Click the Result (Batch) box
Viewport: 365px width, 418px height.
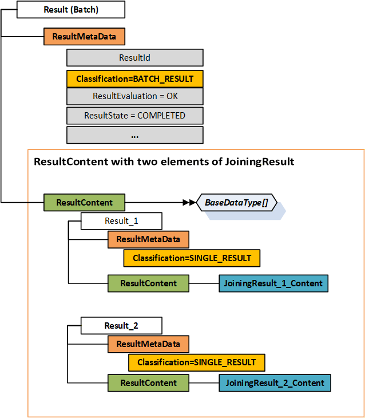tap(71, 10)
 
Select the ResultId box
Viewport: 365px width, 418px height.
tap(135, 58)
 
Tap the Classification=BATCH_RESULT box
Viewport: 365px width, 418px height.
tap(135, 79)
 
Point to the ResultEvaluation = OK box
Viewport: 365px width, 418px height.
tap(135, 96)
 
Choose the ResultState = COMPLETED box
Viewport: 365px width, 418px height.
tap(135, 116)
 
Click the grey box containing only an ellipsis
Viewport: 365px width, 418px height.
tap(135, 135)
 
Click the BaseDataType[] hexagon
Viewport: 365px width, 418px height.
tap(237, 203)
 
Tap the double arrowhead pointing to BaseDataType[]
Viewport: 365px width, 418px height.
tap(189, 203)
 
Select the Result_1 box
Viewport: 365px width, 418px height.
tap(121, 221)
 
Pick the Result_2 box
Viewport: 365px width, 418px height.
tap(121, 325)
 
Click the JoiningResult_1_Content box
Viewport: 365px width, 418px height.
tap(273, 283)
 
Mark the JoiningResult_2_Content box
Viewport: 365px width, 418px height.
tap(275, 383)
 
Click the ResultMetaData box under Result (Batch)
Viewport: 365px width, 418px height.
tap(84, 37)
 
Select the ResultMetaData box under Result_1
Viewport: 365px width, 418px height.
tap(148, 239)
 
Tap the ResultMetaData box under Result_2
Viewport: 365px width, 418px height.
tap(148, 344)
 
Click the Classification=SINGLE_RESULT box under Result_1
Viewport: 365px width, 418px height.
tap(192, 258)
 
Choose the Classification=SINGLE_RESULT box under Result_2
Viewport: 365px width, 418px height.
tap(197, 362)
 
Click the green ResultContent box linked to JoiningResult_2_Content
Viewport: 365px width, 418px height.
tap(148, 383)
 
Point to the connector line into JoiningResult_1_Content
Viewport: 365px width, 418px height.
tap(204, 283)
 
